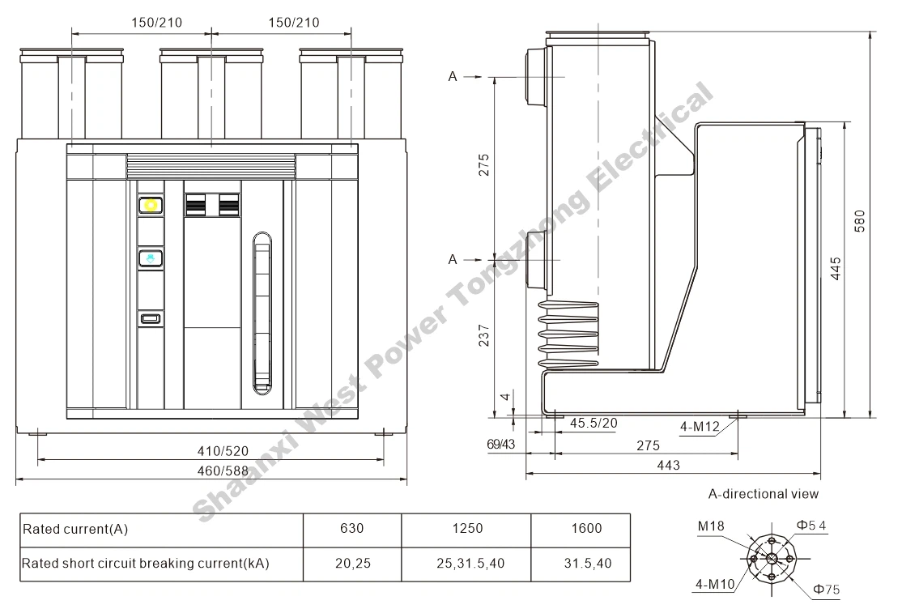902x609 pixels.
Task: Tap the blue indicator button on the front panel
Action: click(151, 259)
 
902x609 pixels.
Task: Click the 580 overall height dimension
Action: click(862, 222)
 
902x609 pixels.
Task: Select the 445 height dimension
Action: click(836, 269)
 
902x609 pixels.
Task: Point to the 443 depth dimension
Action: click(668, 465)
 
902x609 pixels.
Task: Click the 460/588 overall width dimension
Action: click(213, 471)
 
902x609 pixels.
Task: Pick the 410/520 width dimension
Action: click(213, 450)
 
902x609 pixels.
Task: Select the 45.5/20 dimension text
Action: click(594, 422)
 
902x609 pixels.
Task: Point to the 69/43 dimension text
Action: click(500, 444)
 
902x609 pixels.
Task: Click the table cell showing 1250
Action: click(466, 529)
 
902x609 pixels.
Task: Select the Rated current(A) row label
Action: click(75, 529)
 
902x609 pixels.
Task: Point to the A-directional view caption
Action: click(763, 493)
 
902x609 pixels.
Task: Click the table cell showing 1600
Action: click(586, 529)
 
